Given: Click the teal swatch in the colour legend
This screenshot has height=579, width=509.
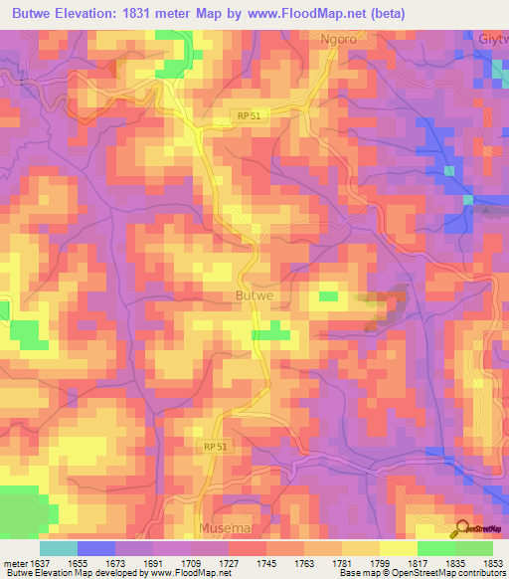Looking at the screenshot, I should point(59,548).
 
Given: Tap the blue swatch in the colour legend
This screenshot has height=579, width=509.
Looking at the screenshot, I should point(96,548).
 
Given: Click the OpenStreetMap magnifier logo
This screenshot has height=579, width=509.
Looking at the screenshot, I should point(461,528).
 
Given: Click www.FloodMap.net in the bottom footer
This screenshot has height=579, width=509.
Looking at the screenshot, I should point(189,574).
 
